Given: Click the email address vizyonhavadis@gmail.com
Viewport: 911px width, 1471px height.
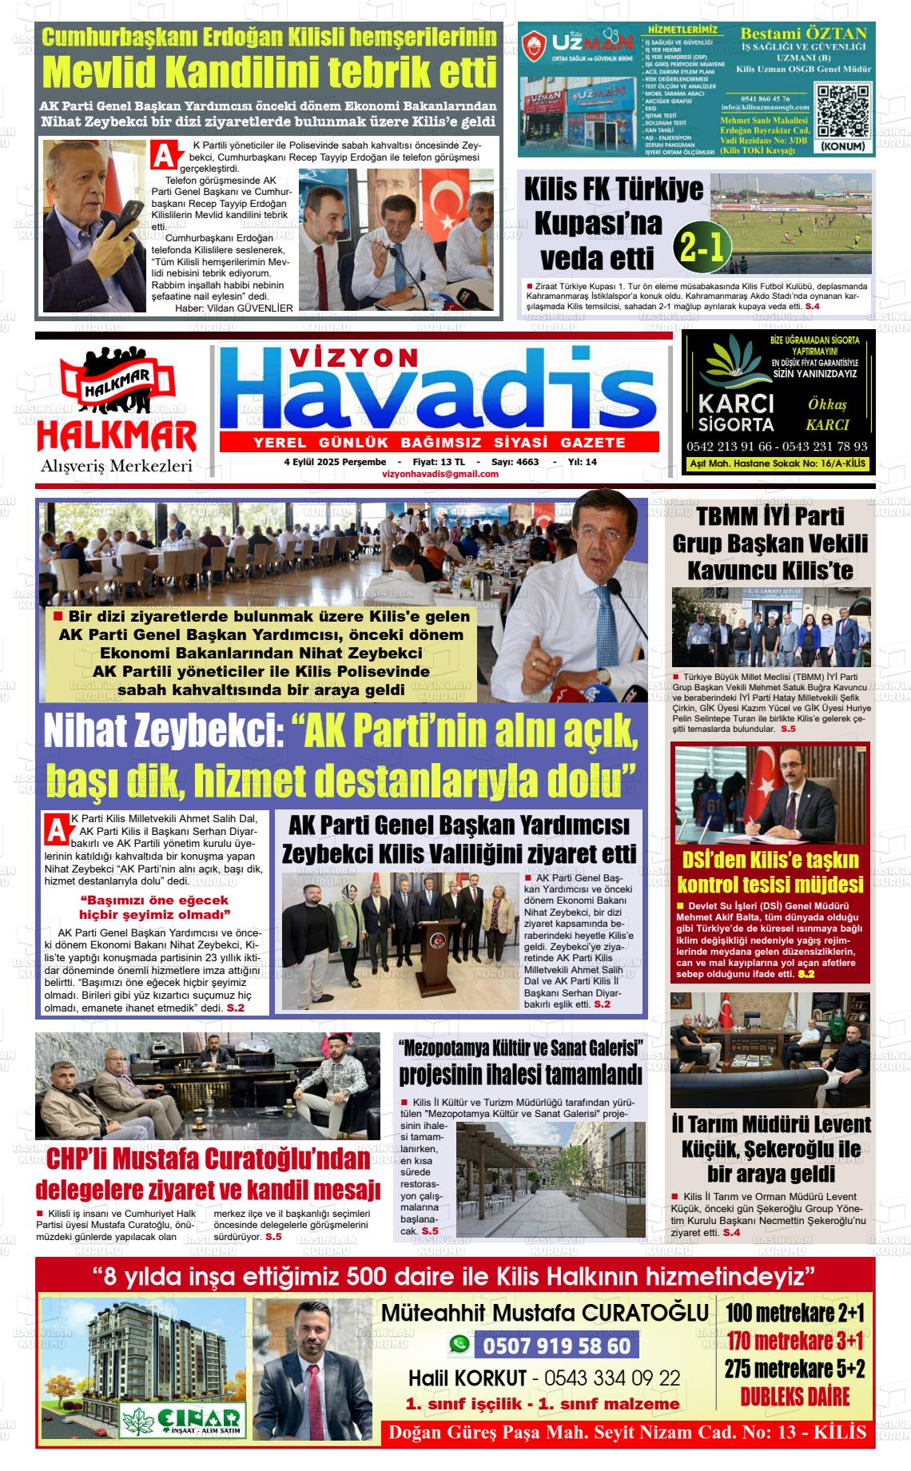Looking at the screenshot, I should [x=440, y=474].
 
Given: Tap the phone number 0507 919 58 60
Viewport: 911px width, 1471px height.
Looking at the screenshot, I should [x=556, y=1346].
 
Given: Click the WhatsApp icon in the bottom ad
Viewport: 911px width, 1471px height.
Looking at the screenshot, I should [x=459, y=1345].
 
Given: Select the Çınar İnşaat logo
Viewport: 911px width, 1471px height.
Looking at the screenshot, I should [x=182, y=1417].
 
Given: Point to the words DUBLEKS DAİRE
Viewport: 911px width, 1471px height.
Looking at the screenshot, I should [x=794, y=1396].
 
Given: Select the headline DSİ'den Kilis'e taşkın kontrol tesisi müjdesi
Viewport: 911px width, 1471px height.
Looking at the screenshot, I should [x=770, y=872].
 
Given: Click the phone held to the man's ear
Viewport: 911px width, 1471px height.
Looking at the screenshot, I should [x=124, y=215].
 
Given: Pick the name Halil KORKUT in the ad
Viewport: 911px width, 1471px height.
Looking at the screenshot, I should [x=467, y=1378].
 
